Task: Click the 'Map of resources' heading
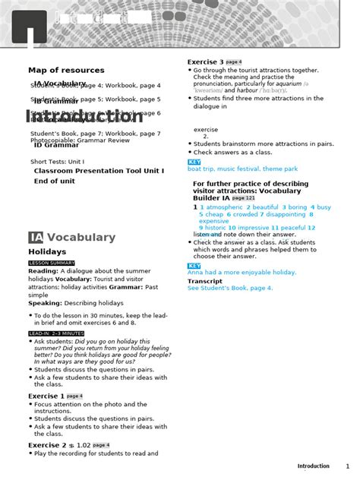(x=66, y=70)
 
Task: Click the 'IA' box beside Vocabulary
(x=36, y=237)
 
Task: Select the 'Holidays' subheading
(x=47, y=251)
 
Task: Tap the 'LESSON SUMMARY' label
(x=52, y=263)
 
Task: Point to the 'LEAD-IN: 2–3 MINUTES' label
(x=56, y=333)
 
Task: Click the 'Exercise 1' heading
(x=46, y=396)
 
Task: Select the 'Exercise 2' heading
(x=46, y=445)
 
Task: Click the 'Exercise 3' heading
(x=206, y=62)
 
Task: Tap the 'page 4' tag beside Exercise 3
(x=234, y=62)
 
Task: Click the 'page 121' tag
(x=244, y=198)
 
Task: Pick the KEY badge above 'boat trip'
(x=194, y=162)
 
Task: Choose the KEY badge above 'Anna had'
(x=194, y=266)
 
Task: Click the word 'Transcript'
(x=205, y=281)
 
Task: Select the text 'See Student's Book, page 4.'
(x=230, y=289)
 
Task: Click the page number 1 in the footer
(x=348, y=466)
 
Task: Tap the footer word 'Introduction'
(x=313, y=466)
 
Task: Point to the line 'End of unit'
(x=54, y=181)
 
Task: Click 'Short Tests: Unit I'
(x=58, y=162)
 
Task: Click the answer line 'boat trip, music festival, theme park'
(x=242, y=169)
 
